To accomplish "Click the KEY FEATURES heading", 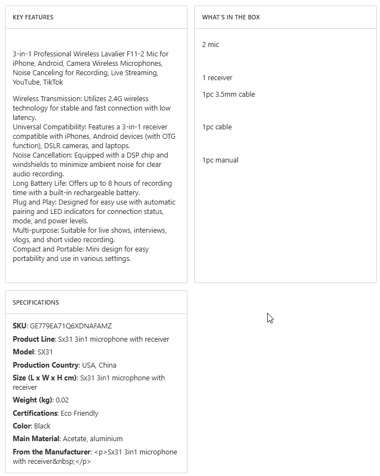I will (33, 17).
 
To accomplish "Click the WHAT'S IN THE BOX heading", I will (231, 17).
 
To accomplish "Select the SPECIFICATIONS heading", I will (36, 302).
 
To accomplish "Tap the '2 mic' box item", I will (210, 45).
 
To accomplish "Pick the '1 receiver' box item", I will (217, 78).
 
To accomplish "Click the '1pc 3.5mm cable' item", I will (228, 95).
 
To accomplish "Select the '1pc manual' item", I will (220, 160).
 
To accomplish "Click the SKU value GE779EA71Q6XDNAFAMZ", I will (71, 326).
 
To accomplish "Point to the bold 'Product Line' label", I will (34, 339).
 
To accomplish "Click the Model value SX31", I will (45, 352).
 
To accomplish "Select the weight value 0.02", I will (63, 400).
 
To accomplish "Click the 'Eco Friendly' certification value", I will (80, 414).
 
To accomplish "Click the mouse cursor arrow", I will (269, 318).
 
